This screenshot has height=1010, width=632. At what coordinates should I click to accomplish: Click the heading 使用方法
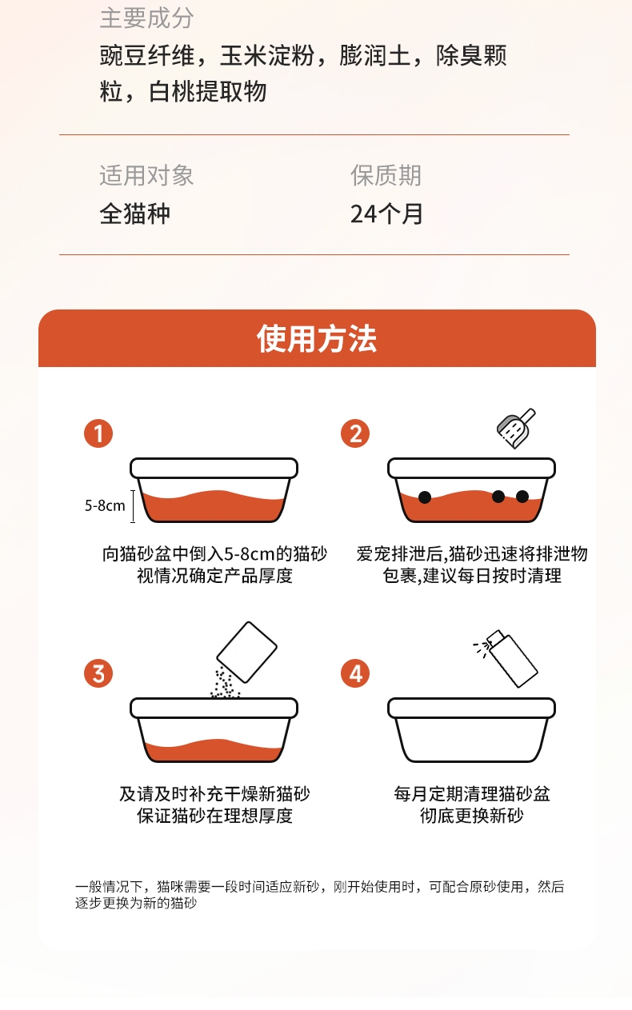pos(317,339)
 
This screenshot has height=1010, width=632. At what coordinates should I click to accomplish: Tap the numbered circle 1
pos(98,433)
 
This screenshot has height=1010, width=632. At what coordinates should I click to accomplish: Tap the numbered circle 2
pos(355,433)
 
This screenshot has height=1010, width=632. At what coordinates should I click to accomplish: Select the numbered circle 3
pos(98,673)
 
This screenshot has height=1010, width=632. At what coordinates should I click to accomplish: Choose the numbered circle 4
pos(355,673)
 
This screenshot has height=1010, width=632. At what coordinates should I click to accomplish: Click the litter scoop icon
pos(514,429)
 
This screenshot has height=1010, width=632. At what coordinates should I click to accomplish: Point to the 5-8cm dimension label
pos(105,505)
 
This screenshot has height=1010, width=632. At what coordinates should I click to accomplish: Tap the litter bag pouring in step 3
pos(246,653)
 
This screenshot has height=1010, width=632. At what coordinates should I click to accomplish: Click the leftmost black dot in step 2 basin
pos(425,497)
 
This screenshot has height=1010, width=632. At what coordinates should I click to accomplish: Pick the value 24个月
pos(386,214)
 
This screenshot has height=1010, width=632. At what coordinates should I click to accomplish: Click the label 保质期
pos(386,175)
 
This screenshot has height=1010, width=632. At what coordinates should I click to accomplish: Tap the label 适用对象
pos(146,175)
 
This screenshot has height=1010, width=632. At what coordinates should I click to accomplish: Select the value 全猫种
pos(134,214)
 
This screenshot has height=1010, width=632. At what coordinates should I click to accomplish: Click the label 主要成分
pos(146,18)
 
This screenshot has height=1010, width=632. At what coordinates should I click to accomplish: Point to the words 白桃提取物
pos(208,92)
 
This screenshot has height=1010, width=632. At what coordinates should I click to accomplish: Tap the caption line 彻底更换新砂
pos(471,816)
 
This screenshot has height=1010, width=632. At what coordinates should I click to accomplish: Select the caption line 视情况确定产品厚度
pos(214,576)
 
